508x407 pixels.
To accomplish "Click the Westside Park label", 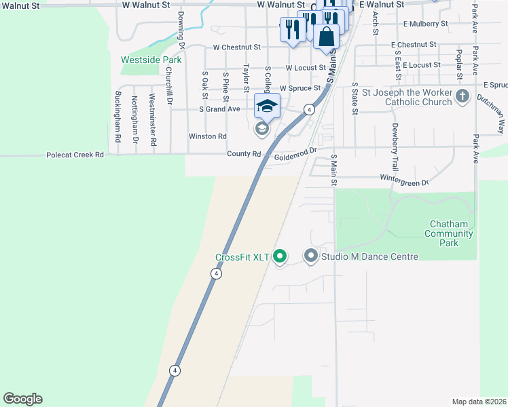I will [151, 60].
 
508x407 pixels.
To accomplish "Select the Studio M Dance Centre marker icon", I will [311, 256].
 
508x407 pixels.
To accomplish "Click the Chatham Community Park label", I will [448, 233].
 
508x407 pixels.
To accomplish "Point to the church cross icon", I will [462, 96].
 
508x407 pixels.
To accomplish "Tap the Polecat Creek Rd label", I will [75, 155].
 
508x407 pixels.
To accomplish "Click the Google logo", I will [22, 399].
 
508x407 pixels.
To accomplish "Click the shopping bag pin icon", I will [327, 37].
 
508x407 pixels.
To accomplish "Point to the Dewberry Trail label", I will [394, 146].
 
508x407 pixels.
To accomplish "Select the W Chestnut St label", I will [237, 47].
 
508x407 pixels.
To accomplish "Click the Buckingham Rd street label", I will [117, 116].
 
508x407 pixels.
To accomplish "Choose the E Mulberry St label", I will [425, 24].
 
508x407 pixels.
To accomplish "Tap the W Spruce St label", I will [300, 88].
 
